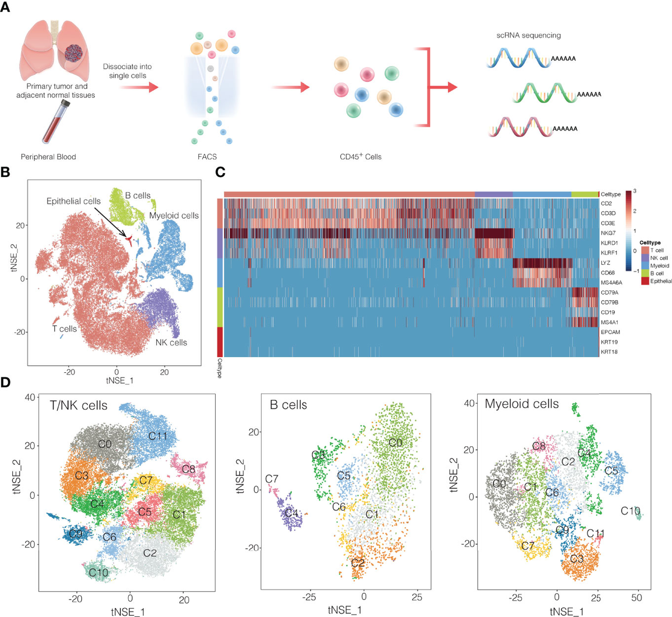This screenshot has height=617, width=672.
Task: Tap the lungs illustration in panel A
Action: [x=56, y=53]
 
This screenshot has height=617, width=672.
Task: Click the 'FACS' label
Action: [x=208, y=157]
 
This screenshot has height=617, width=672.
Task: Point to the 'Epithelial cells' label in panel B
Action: [x=74, y=201]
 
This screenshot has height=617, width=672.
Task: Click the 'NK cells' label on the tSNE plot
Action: [x=171, y=342]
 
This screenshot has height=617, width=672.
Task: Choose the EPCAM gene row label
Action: [x=610, y=332]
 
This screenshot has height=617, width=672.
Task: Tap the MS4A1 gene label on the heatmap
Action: [x=609, y=322]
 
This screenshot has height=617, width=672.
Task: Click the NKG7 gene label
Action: [x=608, y=232]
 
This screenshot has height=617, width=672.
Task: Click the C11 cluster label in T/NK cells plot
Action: [x=158, y=435]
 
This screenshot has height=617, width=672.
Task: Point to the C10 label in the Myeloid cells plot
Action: [x=631, y=511]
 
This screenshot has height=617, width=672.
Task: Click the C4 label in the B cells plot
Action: [x=292, y=513]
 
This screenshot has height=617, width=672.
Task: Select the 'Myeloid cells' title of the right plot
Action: [x=521, y=404]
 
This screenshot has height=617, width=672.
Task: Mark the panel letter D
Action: [x=6, y=383]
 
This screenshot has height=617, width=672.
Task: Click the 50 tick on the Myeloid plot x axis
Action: [x=637, y=598]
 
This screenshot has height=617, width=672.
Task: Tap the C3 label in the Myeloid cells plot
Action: [x=577, y=559]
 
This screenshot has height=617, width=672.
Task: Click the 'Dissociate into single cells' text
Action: [x=128, y=71]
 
